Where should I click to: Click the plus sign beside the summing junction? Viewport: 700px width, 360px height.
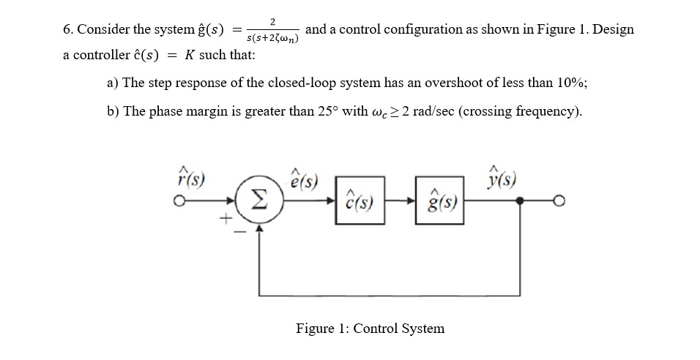click(227, 217)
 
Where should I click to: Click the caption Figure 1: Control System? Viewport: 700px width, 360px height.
click(370, 329)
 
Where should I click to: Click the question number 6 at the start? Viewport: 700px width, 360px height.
click(67, 30)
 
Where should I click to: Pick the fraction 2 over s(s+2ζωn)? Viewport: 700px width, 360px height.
click(272, 30)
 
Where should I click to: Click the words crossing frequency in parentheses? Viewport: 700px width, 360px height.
click(521, 112)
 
